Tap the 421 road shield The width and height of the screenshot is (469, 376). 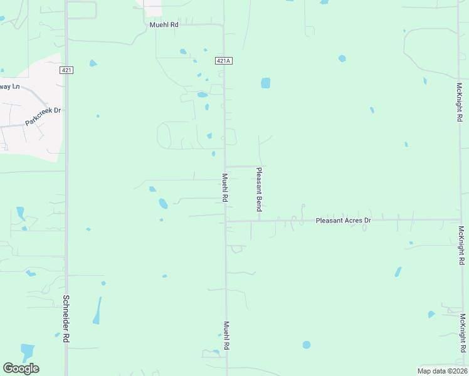(66, 70)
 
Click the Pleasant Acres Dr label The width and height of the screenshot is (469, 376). (343, 221)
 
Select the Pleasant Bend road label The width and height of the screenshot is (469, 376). (258, 189)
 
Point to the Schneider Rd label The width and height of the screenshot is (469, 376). (66, 318)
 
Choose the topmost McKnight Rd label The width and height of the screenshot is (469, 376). (460, 101)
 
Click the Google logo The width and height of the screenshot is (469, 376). (21, 368)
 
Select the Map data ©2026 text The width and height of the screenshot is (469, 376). (442, 370)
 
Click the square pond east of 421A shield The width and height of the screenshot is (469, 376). (265, 83)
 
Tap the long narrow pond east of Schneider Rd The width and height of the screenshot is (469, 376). (97, 311)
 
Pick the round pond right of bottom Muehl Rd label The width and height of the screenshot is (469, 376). (306, 345)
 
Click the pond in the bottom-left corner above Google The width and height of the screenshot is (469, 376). (27, 352)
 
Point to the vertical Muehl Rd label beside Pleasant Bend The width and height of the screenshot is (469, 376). (224, 187)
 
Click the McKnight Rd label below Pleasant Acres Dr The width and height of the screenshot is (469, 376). (461, 245)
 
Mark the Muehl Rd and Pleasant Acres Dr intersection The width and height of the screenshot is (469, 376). (226, 221)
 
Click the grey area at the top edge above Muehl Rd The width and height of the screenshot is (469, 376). (152, 6)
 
